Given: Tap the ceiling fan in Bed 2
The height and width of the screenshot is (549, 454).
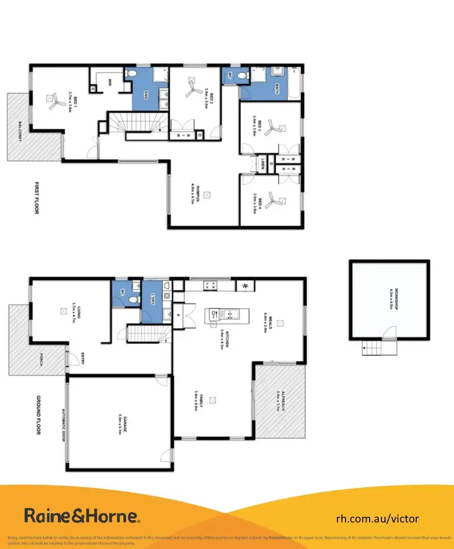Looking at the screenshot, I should [x=193, y=89].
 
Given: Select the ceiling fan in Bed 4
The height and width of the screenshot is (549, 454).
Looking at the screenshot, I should [x=276, y=199].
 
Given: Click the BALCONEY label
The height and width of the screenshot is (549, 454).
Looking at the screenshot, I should [x=21, y=133].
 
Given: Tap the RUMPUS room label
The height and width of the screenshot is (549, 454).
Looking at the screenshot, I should [x=192, y=193].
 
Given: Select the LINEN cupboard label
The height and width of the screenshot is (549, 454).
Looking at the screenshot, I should [x=261, y=163].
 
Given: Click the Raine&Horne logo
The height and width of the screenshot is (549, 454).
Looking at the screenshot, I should [x=82, y=516].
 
